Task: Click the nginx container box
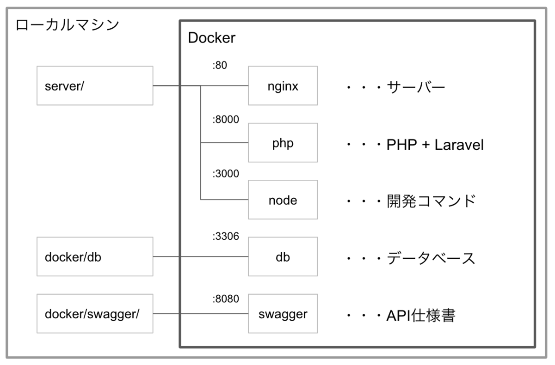283,85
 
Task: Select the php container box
283,143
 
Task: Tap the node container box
283,200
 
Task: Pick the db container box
283,257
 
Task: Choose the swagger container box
283,314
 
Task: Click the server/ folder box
95,85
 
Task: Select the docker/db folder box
95,257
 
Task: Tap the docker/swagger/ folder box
95,314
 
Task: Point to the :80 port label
219,66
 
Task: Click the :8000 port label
225,120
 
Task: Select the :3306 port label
225,237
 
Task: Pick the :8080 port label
225,298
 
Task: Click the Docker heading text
212,38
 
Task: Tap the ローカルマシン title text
67,24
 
